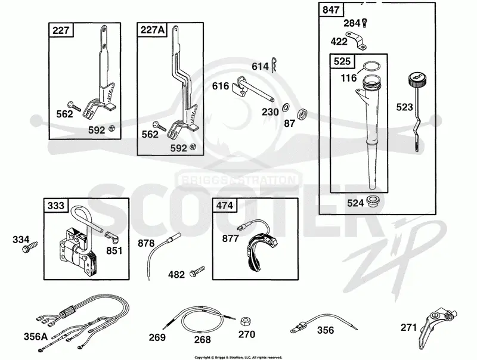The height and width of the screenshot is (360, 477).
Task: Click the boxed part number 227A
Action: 152,30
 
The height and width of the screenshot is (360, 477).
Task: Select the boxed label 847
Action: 331,10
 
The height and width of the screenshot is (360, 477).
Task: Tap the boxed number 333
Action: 56,206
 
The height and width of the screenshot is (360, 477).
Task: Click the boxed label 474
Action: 225,206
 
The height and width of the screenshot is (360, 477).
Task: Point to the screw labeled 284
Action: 366,23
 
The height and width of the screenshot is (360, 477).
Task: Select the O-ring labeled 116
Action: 371,66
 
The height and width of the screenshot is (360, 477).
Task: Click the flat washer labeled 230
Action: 286,108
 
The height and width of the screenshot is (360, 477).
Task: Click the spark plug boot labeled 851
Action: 111,237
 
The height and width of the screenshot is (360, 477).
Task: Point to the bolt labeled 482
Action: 197,271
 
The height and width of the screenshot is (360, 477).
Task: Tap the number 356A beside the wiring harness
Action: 36,337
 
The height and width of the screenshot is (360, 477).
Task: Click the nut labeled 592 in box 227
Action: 111,128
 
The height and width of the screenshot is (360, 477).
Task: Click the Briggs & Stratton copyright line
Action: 238,357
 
